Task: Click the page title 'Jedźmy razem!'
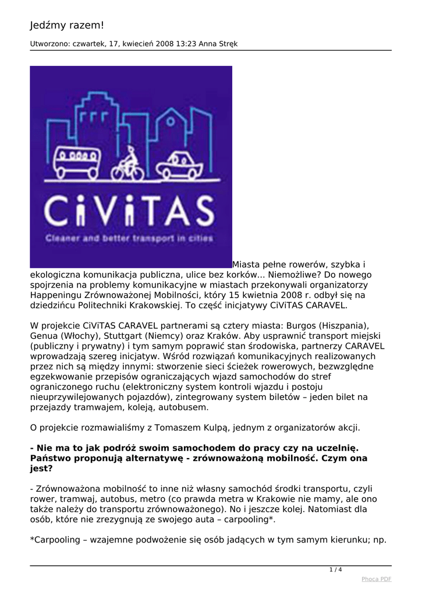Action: pyautogui.click(x=67, y=25)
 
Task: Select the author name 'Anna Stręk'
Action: pyautogui.click(x=218, y=44)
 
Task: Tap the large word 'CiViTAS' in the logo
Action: pyautogui.click(x=130, y=212)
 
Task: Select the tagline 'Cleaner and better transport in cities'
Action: pyautogui.click(x=130, y=238)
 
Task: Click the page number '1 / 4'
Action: pyautogui.click(x=336, y=569)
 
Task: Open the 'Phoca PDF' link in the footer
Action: pyautogui.click(x=376, y=579)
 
